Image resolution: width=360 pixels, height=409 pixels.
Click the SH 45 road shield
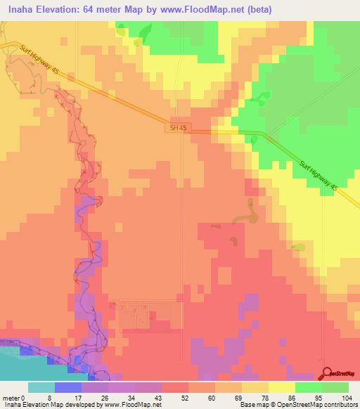(178, 128)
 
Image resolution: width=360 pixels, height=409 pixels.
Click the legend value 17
(68, 397)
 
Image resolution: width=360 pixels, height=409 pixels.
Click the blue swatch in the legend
(68, 387)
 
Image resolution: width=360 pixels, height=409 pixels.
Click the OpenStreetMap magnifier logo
(328, 373)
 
